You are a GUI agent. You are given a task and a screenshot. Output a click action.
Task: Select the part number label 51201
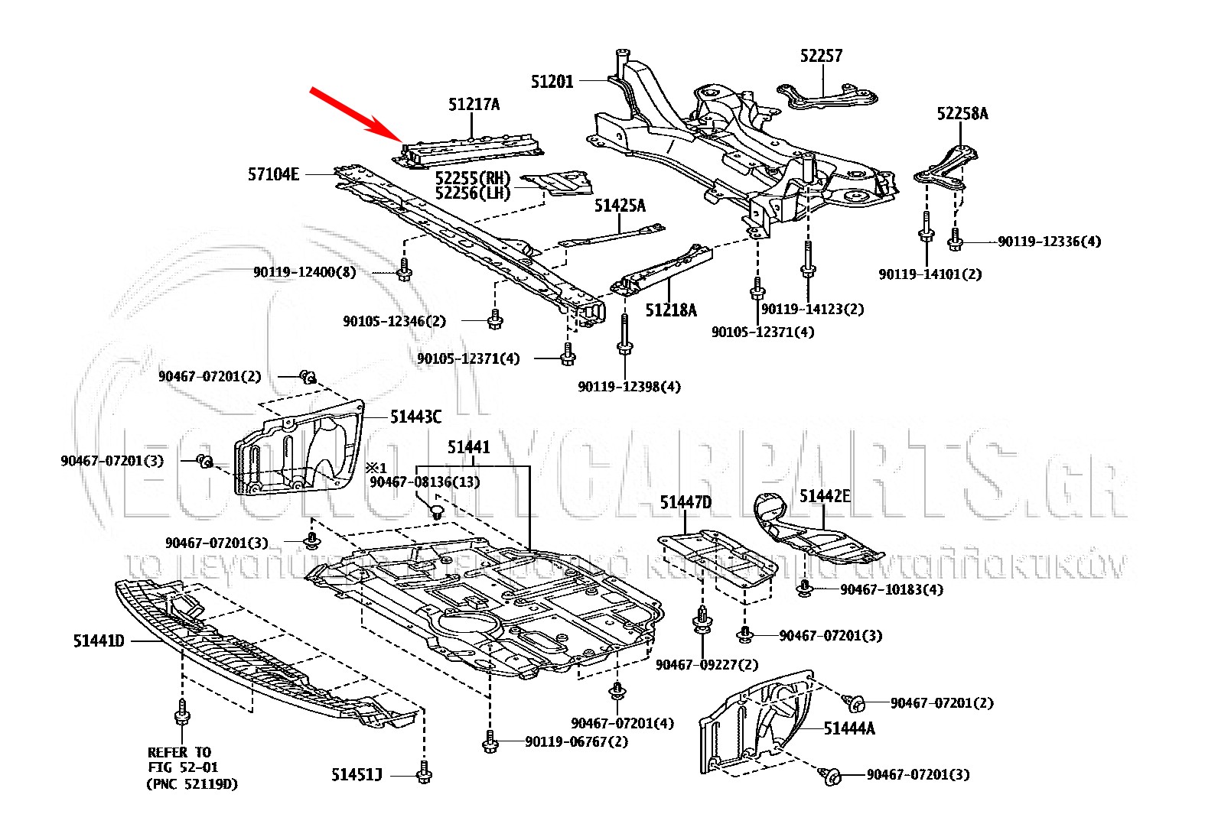click(x=552, y=81)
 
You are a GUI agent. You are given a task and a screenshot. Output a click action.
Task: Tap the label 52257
click(x=822, y=56)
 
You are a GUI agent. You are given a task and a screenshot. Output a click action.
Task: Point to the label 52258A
click(x=962, y=114)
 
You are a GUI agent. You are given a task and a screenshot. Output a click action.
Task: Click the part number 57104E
click(x=273, y=174)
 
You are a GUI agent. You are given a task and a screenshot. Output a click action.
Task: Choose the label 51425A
click(x=620, y=206)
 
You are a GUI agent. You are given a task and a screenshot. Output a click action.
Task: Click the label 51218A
click(x=671, y=310)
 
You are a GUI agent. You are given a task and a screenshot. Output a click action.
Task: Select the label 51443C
click(x=415, y=417)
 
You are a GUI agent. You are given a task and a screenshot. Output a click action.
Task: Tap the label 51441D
click(x=99, y=641)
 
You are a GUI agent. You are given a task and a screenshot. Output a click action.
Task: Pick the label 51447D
click(x=686, y=502)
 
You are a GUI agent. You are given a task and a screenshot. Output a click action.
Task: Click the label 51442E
click(x=825, y=496)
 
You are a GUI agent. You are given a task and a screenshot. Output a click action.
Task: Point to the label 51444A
click(x=849, y=728)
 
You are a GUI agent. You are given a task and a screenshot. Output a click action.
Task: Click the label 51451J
click(x=357, y=775)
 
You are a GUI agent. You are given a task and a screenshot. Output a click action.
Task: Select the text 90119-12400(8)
click(x=304, y=272)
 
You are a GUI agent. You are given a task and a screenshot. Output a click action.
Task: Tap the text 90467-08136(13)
click(x=425, y=483)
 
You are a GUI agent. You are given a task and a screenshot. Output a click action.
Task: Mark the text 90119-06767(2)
click(x=576, y=741)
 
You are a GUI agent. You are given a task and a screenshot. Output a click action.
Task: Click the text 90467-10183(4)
click(x=891, y=589)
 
